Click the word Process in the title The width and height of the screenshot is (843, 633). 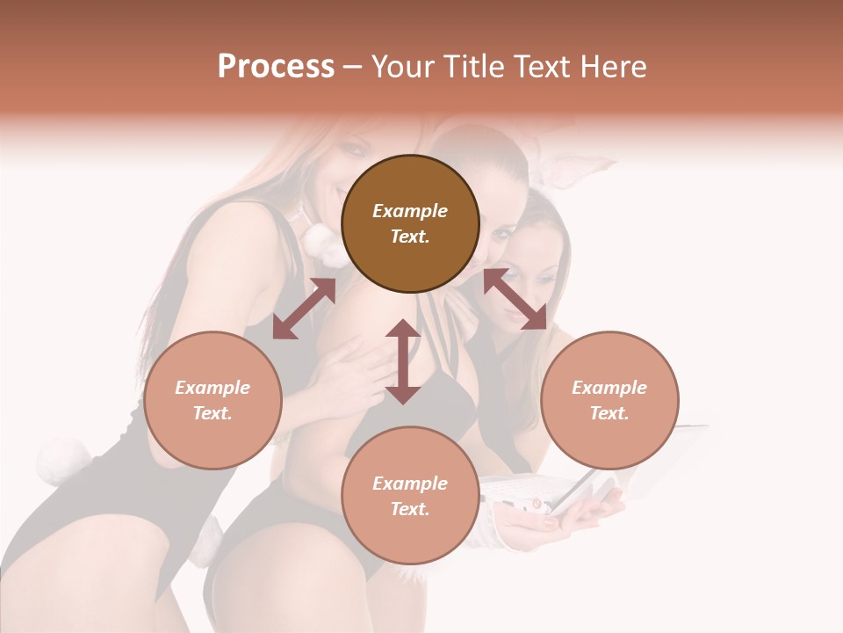[276, 67]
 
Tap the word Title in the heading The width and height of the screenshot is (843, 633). [473, 67]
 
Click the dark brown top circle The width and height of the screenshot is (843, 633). [410, 223]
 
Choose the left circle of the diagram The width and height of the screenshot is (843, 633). [213, 400]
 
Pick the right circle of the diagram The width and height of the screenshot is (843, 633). [609, 400]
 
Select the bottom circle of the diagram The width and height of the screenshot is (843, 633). [410, 496]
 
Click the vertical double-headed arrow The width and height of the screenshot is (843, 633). [403, 361]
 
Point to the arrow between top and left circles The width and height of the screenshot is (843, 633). [304, 309]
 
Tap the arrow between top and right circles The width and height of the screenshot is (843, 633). [515, 299]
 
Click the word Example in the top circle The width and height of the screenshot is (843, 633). [410, 211]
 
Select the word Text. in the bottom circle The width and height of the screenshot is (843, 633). [410, 509]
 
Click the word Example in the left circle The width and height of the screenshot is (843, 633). [213, 388]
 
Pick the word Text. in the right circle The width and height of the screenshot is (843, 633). [609, 413]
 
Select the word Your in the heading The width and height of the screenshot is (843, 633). [404, 67]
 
